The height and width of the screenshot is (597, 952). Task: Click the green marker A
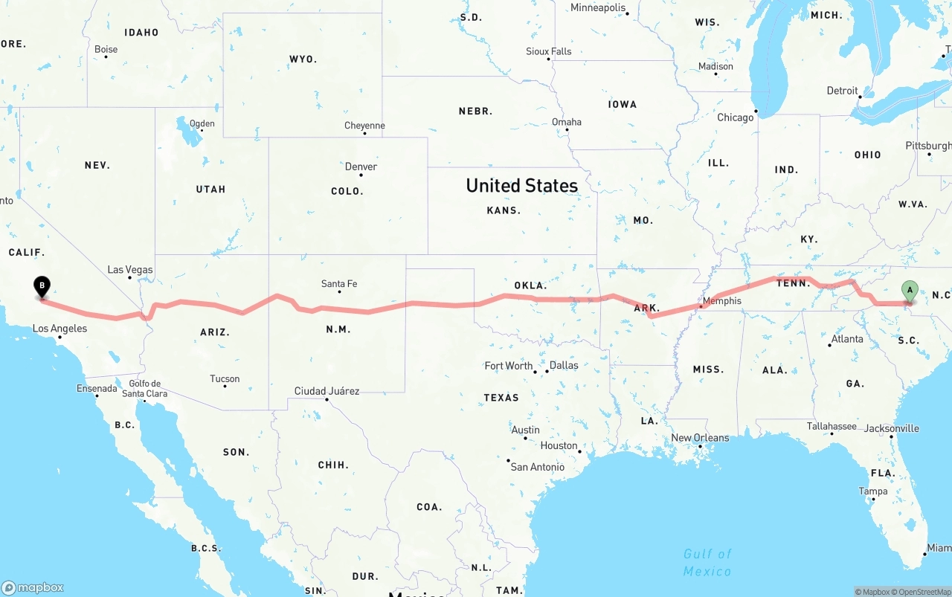tap(909, 291)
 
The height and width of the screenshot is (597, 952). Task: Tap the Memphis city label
tap(721, 301)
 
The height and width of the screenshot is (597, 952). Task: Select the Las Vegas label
tap(130, 270)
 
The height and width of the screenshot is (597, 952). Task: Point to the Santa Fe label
tap(339, 283)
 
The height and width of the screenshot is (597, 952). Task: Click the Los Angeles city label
tap(59, 329)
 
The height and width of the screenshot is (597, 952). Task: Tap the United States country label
tap(521, 185)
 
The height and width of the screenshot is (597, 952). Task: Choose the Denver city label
tap(361, 167)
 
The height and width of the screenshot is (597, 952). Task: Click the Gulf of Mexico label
tap(707, 562)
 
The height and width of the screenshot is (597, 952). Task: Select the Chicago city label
tap(735, 117)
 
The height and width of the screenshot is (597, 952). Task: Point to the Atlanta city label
tap(847, 339)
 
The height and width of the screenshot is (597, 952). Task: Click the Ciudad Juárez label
tap(327, 391)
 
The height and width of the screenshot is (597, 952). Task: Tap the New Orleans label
tap(700, 438)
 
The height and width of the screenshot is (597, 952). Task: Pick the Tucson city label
tap(225, 379)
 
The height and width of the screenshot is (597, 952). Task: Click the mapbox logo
tap(33, 587)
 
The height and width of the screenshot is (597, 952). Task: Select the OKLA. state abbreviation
tap(530, 285)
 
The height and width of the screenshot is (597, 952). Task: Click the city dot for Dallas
tap(547, 370)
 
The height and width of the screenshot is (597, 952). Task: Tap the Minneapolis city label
tap(598, 7)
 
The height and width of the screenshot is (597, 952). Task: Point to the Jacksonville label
tap(891, 428)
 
